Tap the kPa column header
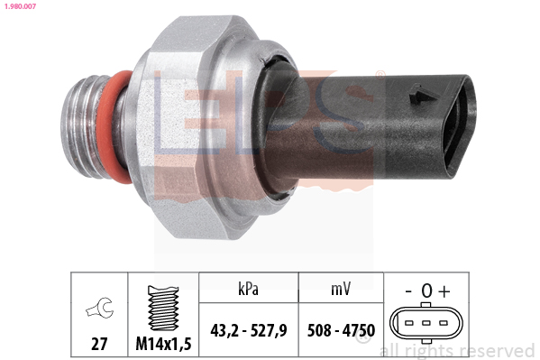[x=248, y=288]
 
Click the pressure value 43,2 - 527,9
[x=248, y=330]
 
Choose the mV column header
[x=340, y=288]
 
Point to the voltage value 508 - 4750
[x=340, y=330]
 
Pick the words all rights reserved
[x=457, y=350]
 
